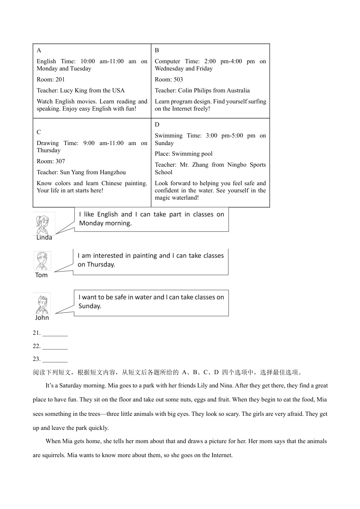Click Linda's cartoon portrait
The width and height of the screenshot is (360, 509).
pyautogui.click(x=44, y=223)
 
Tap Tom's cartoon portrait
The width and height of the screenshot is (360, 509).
pyautogui.click(x=42, y=261)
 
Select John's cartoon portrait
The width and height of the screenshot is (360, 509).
pyautogui.click(x=42, y=303)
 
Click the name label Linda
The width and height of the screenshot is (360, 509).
pyautogui.click(x=44, y=238)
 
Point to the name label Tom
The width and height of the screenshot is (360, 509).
pyautogui.click(x=42, y=275)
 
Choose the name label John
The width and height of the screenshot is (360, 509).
pyautogui.click(x=42, y=318)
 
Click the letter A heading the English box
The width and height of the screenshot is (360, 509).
pyautogui.click(x=39, y=50)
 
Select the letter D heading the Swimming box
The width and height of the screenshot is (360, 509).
pyautogui.click(x=157, y=125)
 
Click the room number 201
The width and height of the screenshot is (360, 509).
pyautogui.click(x=60, y=80)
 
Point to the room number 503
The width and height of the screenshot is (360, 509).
pyautogui.click(x=178, y=80)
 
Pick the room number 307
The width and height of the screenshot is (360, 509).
pyautogui.click(x=60, y=161)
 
